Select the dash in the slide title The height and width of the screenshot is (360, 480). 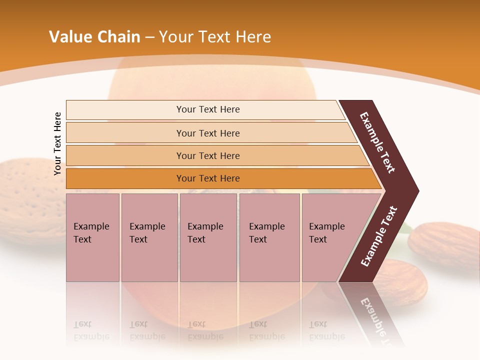149,37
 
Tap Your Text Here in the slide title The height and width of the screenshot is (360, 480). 215,37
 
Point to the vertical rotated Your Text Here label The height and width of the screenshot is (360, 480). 57,143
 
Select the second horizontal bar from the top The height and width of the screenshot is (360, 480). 208,133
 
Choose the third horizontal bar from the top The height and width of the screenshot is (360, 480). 208,155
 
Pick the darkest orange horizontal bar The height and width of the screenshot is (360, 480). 208,178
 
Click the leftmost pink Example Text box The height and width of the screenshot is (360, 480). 92,237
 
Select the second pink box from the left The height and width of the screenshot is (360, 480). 149,237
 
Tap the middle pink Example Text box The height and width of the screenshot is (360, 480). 208,237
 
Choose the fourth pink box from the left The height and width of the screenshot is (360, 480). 269,237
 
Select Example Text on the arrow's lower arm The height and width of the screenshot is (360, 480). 379,236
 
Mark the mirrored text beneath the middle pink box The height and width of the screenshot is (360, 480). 205,330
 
